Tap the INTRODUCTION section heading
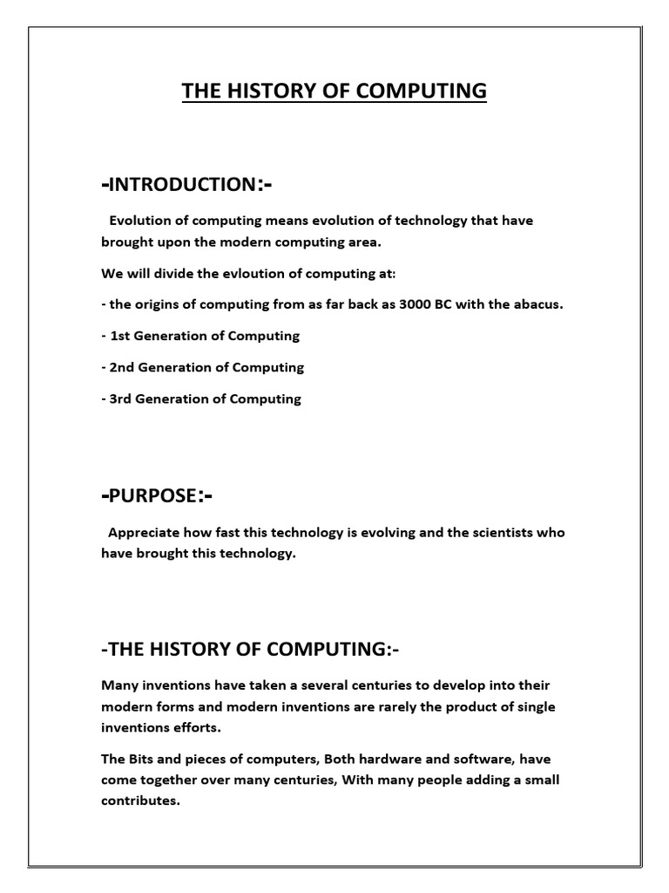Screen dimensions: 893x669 [188, 184]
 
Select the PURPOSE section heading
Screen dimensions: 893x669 [157, 495]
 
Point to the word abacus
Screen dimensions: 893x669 [536, 304]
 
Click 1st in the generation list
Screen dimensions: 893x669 [120, 336]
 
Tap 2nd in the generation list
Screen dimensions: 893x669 [122, 367]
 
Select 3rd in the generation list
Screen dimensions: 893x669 [122, 399]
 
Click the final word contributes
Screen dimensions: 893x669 [139, 801]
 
